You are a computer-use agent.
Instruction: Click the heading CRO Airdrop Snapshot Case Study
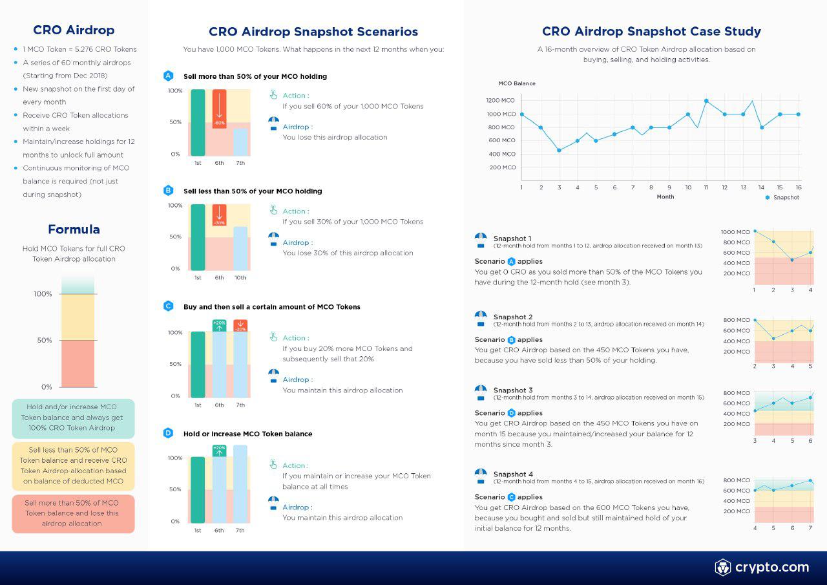(651, 31)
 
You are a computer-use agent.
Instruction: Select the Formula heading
(74, 229)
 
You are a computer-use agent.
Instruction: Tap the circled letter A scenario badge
(169, 76)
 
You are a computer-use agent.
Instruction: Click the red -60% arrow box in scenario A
(220, 109)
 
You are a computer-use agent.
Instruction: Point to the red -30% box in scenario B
(219, 215)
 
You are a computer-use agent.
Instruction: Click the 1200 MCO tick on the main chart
(501, 100)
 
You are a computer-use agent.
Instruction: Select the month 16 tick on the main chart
(799, 187)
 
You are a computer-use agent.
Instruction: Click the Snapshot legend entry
(782, 197)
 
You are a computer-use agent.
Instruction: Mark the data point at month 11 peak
(706, 101)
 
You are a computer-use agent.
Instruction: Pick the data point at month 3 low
(559, 150)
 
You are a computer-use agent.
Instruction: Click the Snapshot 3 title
(513, 390)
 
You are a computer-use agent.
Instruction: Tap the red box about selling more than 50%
(73, 513)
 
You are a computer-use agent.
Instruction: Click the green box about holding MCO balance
(73, 418)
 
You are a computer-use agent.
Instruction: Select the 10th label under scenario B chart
(240, 277)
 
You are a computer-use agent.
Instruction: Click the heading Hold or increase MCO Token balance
(247, 434)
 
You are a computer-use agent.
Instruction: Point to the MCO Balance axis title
(517, 83)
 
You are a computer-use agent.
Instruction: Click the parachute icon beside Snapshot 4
(481, 476)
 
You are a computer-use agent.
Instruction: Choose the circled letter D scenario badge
(169, 433)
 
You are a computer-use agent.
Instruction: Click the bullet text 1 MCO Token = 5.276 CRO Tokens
(79, 49)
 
